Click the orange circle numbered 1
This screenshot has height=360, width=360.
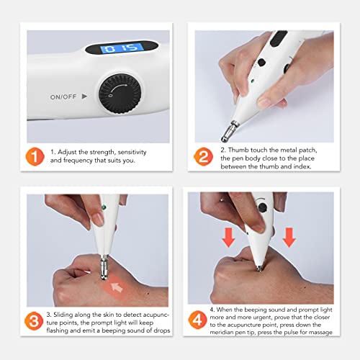click(35, 156)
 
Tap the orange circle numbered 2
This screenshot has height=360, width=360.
click(204, 156)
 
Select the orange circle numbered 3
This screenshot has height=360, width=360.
click(34, 321)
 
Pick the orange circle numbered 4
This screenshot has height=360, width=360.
click(198, 320)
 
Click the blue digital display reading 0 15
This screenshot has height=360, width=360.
click(122, 48)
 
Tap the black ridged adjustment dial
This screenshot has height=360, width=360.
click(120, 94)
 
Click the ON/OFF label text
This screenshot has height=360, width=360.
click(63, 97)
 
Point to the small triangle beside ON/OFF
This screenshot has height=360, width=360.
click(84, 96)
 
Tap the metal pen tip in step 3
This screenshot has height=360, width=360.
click(104, 268)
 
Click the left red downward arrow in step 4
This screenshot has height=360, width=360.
click(229, 238)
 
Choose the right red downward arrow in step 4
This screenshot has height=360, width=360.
click(289, 238)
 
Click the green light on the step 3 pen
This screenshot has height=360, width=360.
click(104, 207)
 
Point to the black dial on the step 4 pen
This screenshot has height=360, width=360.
click(263, 207)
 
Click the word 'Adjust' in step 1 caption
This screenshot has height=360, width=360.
click(67, 152)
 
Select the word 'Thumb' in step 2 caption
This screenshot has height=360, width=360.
click(239, 150)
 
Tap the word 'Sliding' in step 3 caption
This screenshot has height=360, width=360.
click(63, 315)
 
